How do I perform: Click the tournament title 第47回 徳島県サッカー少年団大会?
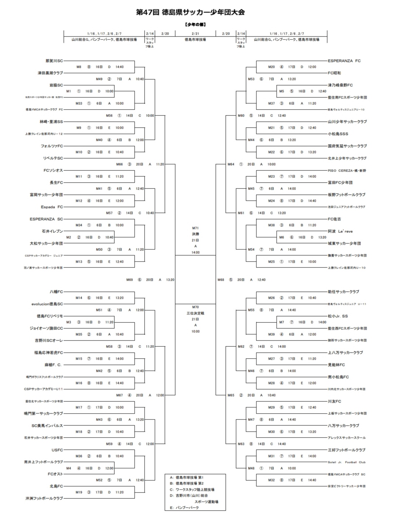click(190, 12)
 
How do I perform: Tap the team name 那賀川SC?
click(54, 61)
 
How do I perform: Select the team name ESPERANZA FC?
click(344, 61)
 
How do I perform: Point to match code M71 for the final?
click(195, 228)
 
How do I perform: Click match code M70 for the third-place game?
click(195, 307)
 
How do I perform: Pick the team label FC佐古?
click(334, 219)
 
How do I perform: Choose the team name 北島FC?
click(56, 486)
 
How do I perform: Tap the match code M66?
click(119, 164)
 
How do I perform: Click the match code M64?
click(231, 164)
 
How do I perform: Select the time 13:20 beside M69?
click(170, 280)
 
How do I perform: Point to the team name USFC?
click(57, 450)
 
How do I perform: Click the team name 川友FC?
click(334, 401)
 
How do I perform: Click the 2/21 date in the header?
click(195, 34)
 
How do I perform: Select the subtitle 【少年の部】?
click(195, 24)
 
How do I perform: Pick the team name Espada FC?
click(52, 207)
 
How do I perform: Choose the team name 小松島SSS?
click(338, 134)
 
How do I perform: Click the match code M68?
click(221, 280)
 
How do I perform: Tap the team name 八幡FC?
click(56, 292)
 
